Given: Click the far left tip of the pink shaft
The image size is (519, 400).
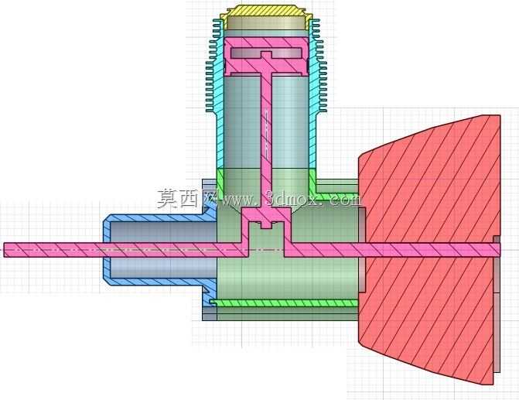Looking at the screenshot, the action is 5,250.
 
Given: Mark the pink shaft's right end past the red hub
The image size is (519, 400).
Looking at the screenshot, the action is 498,250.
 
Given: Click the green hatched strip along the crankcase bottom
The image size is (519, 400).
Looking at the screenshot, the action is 284,303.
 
